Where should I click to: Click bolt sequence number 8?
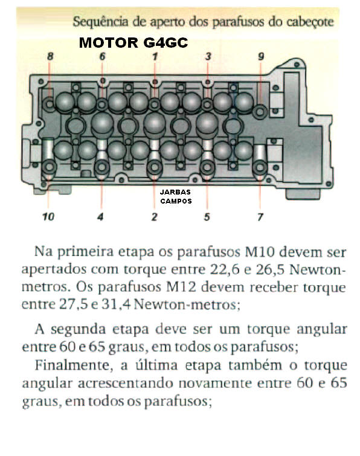[x=50, y=56]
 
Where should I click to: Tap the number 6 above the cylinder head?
[x=102, y=56]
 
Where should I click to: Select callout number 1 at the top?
[x=155, y=56]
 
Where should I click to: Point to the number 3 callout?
[x=208, y=56]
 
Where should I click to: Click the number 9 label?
[x=261, y=56]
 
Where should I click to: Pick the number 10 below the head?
[x=48, y=217]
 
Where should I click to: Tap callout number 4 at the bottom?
[x=100, y=217]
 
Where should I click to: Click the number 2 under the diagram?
[x=154, y=217]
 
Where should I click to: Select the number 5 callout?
[x=207, y=217]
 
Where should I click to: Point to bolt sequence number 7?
[x=260, y=217]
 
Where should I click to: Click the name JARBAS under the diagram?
[x=175, y=192]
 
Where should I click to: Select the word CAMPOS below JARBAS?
[x=176, y=201]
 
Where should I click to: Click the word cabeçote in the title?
[x=310, y=22]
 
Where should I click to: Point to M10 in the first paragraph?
[x=260, y=252]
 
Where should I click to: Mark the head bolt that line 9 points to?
[x=260, y=111]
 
